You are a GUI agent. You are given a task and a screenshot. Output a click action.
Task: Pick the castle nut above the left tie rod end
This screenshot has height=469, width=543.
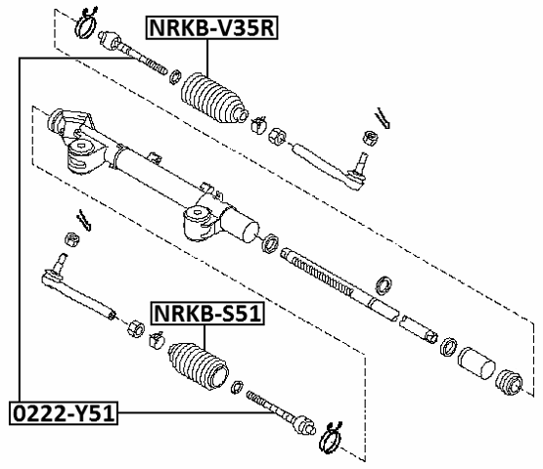(x=71, y=239)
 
